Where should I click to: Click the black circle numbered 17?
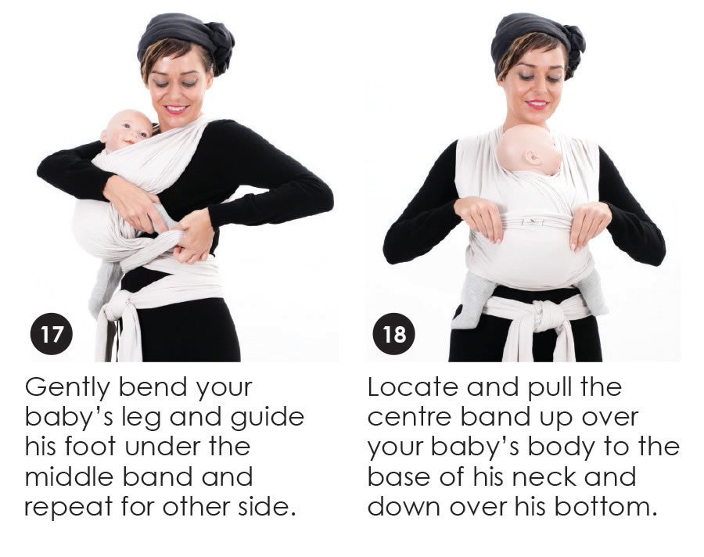click(51, 334)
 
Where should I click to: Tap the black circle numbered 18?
click(394, 334)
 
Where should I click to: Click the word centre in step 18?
click(409, 417)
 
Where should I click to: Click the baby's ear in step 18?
click(533, 158)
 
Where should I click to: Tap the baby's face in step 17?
click(132, 131)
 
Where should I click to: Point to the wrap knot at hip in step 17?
click(115, 305)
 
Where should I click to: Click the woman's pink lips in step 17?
click(175, 110)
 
